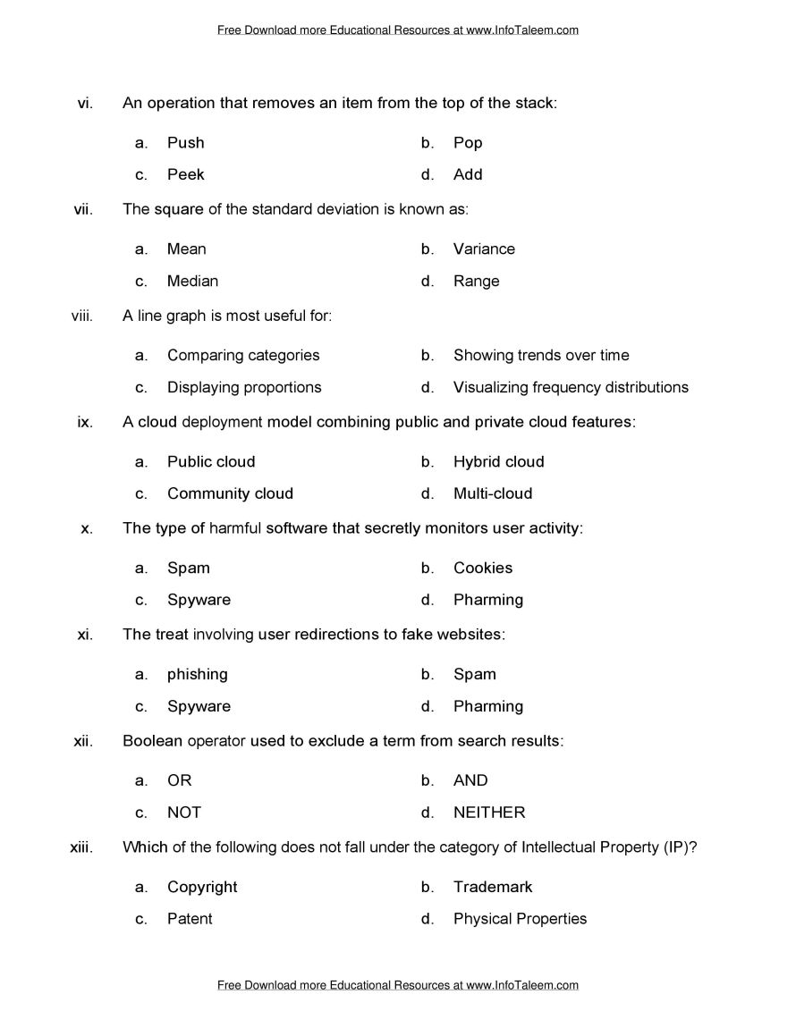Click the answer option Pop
(x=467, y=143)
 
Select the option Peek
(x=185, y=174)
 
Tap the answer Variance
(x=484, y=249)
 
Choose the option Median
(x=192, y=281)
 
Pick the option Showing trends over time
(x=541, y=356)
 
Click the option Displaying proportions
(x=244, y=387)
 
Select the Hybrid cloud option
(x=498, y=462)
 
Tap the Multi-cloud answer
(x=492, y=493)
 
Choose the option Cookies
(x=483, y=569)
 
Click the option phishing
(x=198, y=675)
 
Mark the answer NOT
(x=184, y=813)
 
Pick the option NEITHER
(x=489, y=813)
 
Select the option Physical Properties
(x=520, y=919)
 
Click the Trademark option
(x=493, y=888)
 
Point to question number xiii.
(x=81, y=847)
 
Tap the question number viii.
(x=82, y=315)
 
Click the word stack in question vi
(x=534, y=103)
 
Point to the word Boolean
(x=148, y=741)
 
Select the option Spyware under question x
(x=199, y=600)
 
